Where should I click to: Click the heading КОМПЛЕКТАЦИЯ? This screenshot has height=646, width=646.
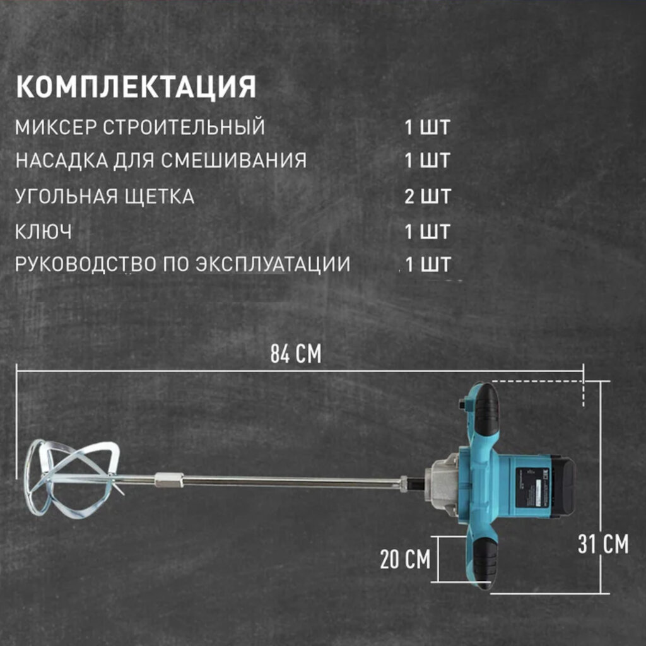136,86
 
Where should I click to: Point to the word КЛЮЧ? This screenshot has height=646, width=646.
44,232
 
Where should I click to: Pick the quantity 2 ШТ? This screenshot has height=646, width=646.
428,196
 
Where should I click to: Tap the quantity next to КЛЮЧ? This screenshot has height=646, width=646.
428,232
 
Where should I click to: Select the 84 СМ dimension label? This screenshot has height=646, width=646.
296,355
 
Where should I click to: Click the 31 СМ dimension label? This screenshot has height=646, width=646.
603,544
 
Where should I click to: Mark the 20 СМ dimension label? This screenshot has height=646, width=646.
405,559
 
